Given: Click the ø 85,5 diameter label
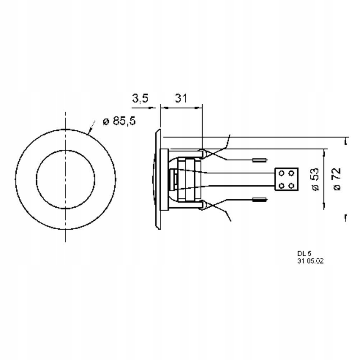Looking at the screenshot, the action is click(x=120, y=121).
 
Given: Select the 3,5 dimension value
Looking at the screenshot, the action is click(x=140, y=98).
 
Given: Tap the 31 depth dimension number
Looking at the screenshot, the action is click(x=181, y=98).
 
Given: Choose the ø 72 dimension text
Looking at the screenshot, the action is click(x=337, y=179).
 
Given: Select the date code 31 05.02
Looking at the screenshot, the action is click(x=310, y=261).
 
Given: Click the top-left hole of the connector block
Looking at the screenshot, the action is click(x=282, y=173).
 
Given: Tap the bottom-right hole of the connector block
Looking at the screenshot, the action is click(x=291, y=185).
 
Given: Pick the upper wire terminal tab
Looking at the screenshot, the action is click(x=260, y=160).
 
